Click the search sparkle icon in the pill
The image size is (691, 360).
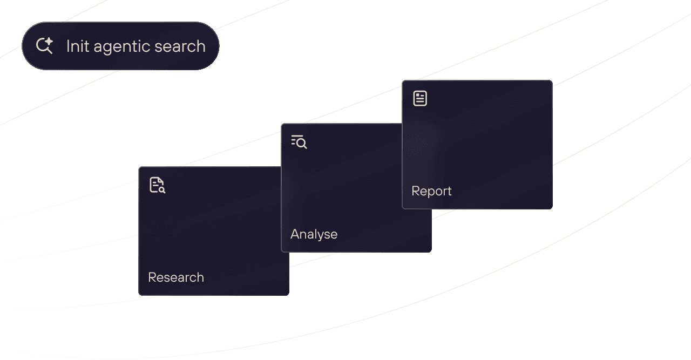point(44,46)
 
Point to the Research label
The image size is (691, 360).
point(176,277)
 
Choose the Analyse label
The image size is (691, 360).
point(314,234)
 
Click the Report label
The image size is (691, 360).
point(431,191)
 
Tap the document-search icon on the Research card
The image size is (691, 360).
point(157,185)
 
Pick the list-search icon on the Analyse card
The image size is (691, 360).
point(299,142)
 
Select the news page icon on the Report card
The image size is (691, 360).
point(420,98)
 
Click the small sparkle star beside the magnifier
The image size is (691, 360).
point(49,42)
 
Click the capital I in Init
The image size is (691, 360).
point(68,46)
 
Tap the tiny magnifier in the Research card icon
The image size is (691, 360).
point(161,189)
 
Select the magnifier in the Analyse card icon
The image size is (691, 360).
point(302,144)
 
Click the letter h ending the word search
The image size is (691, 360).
point(201,46)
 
